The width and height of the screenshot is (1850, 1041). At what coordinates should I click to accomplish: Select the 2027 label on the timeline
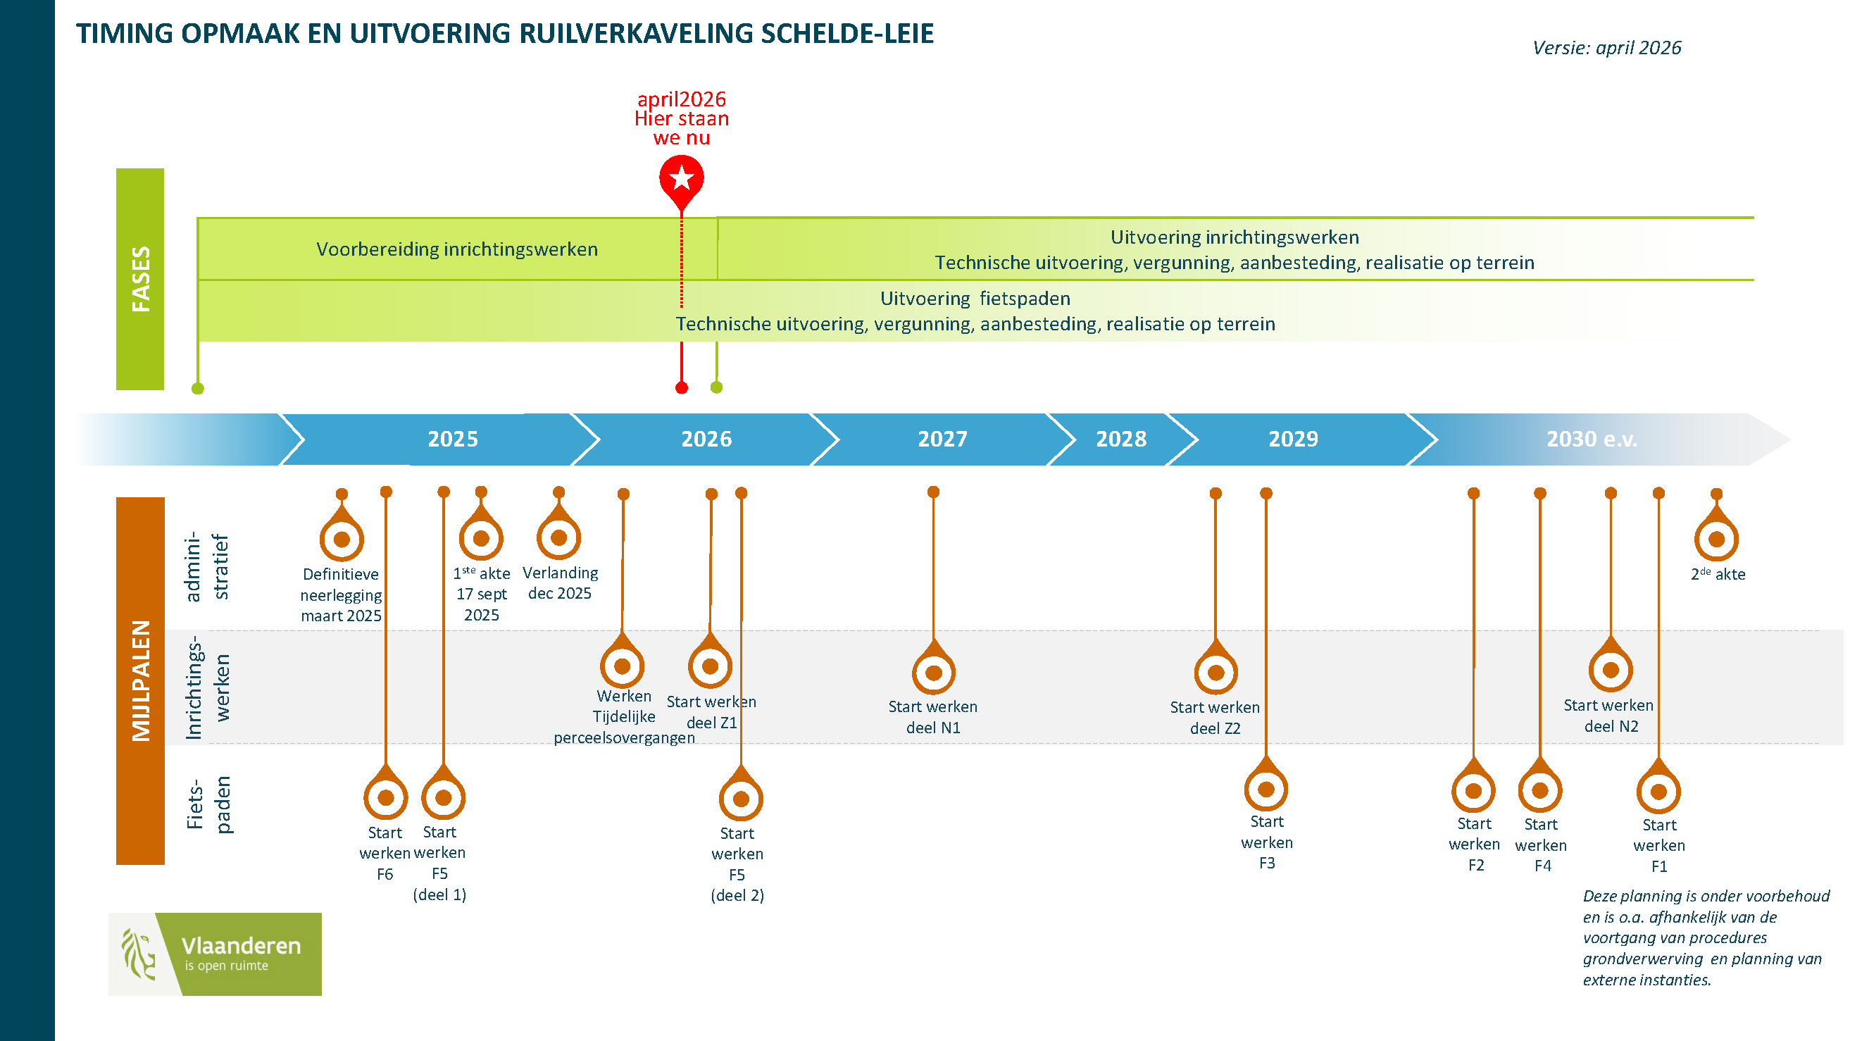pyautogui.click(x=942, y=439)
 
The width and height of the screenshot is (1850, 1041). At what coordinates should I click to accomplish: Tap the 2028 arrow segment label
pyautogui.click(x=1121, y=439)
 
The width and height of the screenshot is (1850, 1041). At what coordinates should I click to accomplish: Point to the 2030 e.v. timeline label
pyautogui.click(x=1592, y=439)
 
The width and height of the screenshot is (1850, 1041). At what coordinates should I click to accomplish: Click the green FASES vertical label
pyautogui.click(x=141, y=279)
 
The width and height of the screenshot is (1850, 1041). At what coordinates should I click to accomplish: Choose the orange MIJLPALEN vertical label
pyautogui.click(x=141, y=680)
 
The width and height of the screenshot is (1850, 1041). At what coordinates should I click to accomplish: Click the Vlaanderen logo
pyautogui.click(x=215, y=954)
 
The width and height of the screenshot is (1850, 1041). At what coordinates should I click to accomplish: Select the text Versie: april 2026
pyautogui.click(x=1606, y=48)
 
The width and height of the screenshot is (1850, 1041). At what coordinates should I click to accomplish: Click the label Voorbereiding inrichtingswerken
pyautogui.click(x=457, y=249)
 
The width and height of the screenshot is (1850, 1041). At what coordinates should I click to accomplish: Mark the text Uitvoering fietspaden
pyautogui.click(x=975, y=298)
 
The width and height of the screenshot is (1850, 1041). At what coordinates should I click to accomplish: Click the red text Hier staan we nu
pyautogui.click(x=682, y=128)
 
